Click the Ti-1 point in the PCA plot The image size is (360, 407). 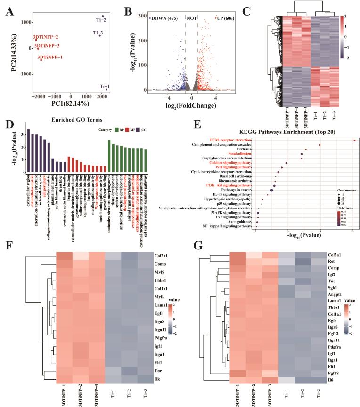[x=106, y=89]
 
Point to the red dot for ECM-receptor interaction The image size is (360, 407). [x=354, y=140]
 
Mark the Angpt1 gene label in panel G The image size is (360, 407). [x=336, y=291]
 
